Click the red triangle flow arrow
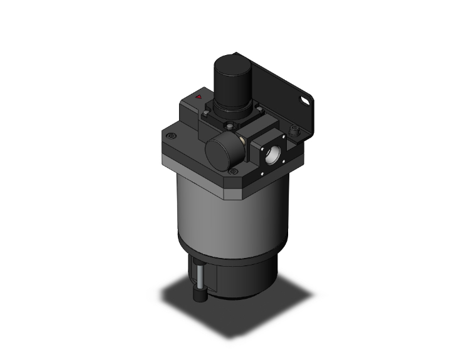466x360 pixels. [199, 97]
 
